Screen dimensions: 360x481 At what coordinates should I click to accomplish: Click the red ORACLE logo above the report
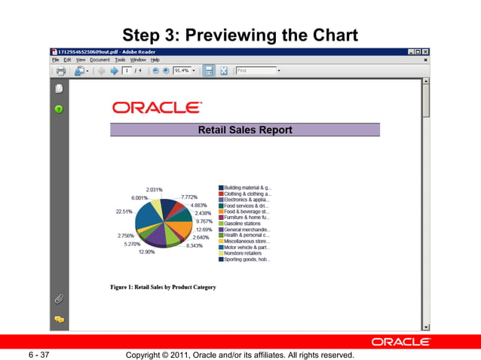(x=157, y=108)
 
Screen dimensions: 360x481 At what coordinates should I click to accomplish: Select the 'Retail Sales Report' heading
(x=245, y=130)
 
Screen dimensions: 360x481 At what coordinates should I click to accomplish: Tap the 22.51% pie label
(x=124, y=212)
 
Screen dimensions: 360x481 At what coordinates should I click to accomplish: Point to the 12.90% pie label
(x=146, y=252)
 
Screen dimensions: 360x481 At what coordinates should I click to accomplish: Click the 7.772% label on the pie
(x=189, y=197)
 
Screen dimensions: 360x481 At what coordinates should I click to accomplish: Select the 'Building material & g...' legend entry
(x=247, y=187)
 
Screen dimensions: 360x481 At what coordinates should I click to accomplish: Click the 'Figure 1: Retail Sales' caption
(x=163, y=287)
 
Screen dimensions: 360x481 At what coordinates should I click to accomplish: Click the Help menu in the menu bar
(x=155, y=59)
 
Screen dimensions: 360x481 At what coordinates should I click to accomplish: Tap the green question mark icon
(x=58, y=108)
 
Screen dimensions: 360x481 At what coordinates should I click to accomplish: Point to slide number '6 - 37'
(x=39, y=354)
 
